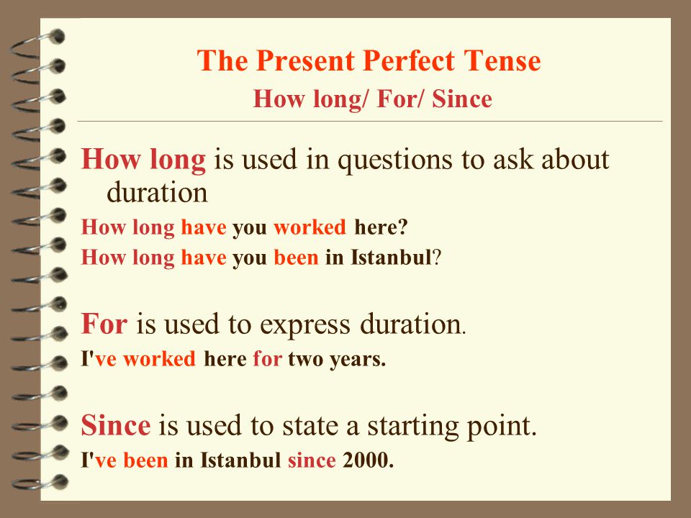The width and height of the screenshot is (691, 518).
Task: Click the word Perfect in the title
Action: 409,60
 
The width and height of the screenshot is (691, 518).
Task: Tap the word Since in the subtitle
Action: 462,99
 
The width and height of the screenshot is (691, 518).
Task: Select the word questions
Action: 395,160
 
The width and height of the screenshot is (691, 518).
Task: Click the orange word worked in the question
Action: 310,227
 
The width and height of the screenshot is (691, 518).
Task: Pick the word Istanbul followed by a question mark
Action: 391,258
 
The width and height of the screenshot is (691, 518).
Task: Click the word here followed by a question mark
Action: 376,227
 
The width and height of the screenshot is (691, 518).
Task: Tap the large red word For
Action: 104,323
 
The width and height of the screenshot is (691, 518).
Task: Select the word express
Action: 305,325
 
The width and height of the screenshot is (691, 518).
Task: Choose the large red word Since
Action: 116,425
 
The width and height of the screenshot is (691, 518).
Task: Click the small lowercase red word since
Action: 312,460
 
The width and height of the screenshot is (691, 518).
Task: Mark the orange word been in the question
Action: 296,258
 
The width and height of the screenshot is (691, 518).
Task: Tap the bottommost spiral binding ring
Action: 40,482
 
